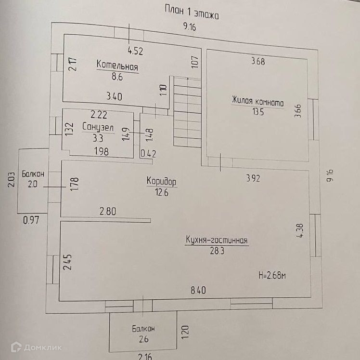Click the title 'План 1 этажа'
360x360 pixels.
coord(191,12)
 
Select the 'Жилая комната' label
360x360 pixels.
coord(257,102)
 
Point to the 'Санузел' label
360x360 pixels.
coord(98,127)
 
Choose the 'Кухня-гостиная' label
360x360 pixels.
coord(216,240)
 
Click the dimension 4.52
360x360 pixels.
coord(135,49)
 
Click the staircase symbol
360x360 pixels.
coord(186,112)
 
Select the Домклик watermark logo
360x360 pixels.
coord(36,347)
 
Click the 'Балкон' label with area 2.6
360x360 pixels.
coord(143,329)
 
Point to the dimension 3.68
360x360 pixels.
coord(258,61)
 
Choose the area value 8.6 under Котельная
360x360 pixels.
coord(118,76)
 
